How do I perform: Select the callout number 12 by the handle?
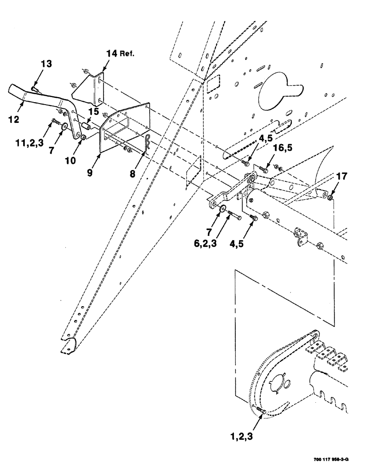[x=14, y=119]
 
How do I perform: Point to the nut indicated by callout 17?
[x=331, y=197]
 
